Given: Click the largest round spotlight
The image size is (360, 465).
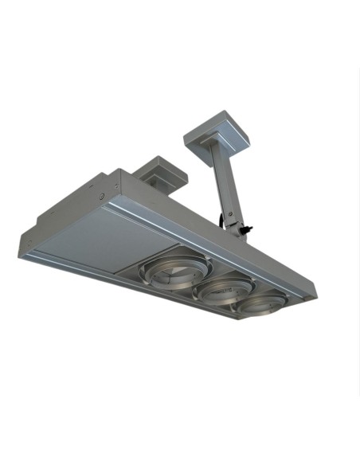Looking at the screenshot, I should coord(171,274).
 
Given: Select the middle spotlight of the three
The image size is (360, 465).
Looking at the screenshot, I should coord(222,289).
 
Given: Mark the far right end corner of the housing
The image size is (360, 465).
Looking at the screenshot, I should coord(314,295).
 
